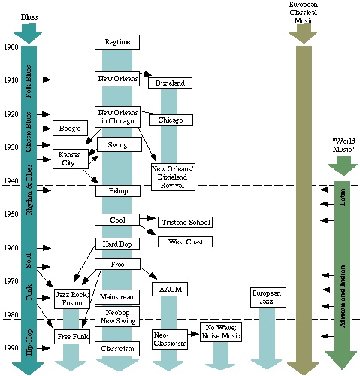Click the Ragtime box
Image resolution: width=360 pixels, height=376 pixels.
pyautogui.click(x=117, y=42)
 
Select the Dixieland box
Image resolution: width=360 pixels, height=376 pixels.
pyautogui.click(x=170, y=83)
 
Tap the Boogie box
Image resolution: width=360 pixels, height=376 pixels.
pyautogui.click(x=70, y=129)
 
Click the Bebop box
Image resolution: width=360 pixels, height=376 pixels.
pyautogui.click(x=117, y=191)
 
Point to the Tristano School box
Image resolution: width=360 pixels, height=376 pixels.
pyautogui.click(x=185, y=222)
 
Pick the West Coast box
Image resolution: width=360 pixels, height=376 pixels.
pyautogui.click(x=185, y=241)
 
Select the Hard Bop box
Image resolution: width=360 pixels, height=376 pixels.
pyautogui.click(x=117, y=244)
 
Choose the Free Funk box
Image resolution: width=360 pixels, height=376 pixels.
pyautogui.click(x=72, y=336)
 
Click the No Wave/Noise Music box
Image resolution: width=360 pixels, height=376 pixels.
pyautogui.click(x=220, y=332)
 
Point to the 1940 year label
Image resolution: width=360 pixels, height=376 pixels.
pyautogui.click(x=10, y=180)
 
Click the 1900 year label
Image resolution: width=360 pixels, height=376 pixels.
pyautogui.click(x=10, y=47)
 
